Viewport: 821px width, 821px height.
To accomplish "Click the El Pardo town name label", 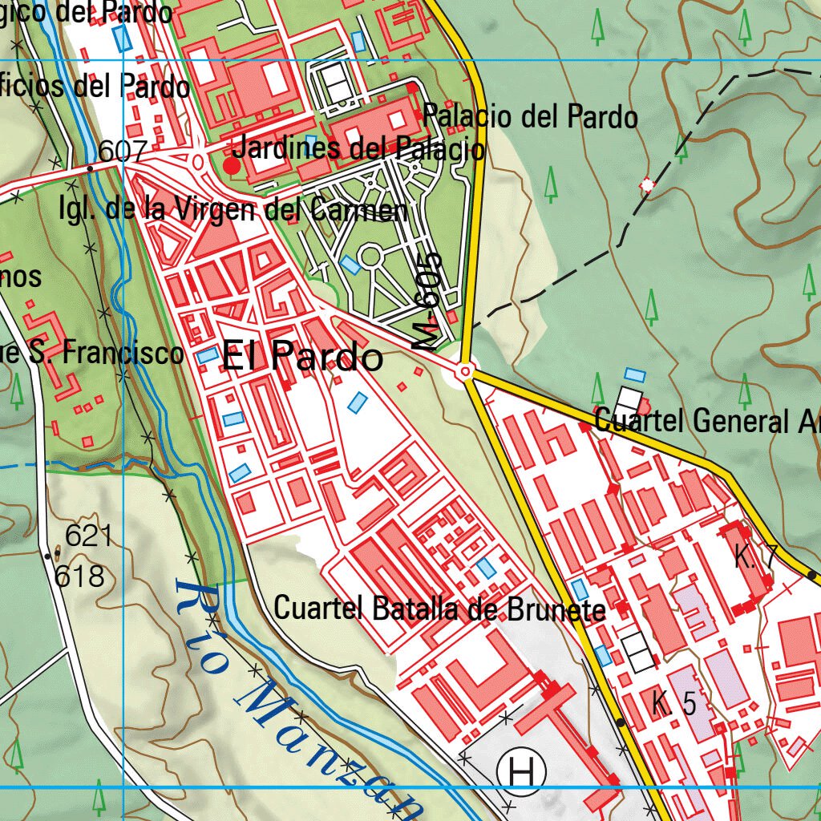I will click(301, 356).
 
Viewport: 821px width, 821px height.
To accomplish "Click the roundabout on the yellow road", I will click(466, 372).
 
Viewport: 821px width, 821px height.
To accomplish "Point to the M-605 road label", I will click(430, 301).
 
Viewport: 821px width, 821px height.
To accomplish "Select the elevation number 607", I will click(123, 152).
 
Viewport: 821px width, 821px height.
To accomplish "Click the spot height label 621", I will click(89, 536).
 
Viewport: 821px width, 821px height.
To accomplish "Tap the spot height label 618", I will click(80, 576).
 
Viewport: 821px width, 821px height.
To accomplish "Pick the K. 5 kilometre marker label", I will click(673, 705).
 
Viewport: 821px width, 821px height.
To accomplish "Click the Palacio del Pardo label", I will click(531, 117).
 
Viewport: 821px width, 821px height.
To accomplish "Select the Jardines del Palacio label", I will click(358, 148).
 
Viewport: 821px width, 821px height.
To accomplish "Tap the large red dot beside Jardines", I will click(232, 166).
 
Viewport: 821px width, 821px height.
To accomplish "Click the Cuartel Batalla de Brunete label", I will click(439, 609).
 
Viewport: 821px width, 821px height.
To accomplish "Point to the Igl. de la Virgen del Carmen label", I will click(233, 210).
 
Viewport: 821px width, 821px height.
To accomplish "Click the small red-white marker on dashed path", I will click(647, 186).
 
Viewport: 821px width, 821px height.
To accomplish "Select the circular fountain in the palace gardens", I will click(370, 257).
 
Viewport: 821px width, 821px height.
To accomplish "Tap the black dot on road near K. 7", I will click(812, 575).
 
